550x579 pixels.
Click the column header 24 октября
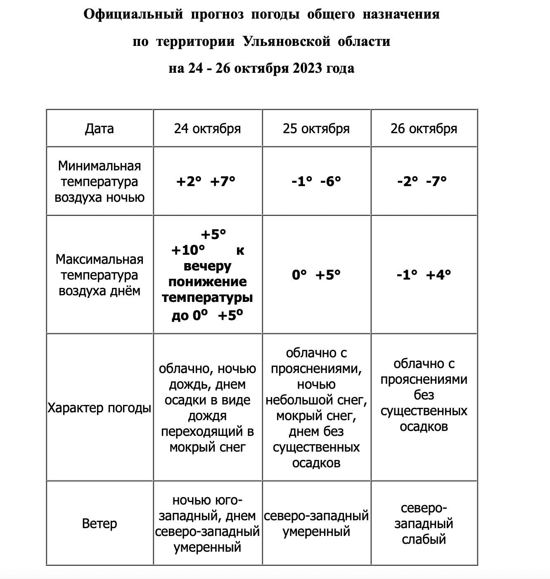pyautogui.click(x=207, y=129)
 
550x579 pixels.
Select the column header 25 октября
pyautogui.click(x=316, y=129)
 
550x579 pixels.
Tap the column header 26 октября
pyautogui.click(x=424, y=129)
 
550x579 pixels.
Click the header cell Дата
pyautogui.click(x=100, y=129)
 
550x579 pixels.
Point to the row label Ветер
pyautogui.click(x=100, y=524)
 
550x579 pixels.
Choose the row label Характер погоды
pyautogui.click(x=100, y=408)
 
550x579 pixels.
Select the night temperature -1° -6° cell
pyautogui.click(x=316, y=181)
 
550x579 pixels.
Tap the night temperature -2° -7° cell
pyautogui.click(x=422, y=181)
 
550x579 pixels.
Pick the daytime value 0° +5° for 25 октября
pyautogui.click(x=316, y=275)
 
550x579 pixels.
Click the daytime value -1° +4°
pyautogui.click(x=424, y=275)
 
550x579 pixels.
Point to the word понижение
pyautogui.click(x=207, y=282)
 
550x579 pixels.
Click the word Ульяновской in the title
pyautogui.click(x=287, y=41)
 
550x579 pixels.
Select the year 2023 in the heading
pyautogui.click(x=308, y=68)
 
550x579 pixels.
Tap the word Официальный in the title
pyautogui.click(x=133, y=14)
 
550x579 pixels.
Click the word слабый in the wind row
pyautogui.click(x=424, y=539)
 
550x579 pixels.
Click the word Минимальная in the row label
pyautogui.click(x=100, y=166)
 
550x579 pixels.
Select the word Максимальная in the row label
pyautogui.click(x=100, y=260)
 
